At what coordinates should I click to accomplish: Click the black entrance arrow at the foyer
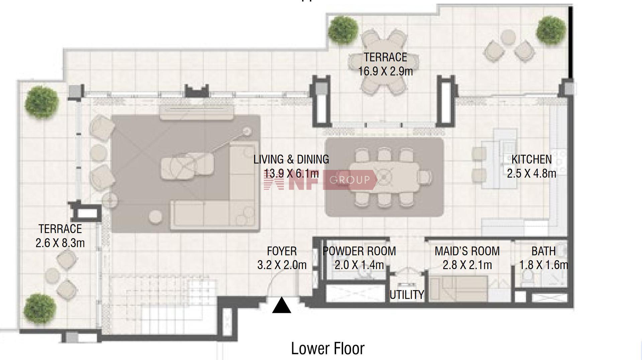[x=282, y=306]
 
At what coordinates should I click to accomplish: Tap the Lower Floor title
[x=328, y=348]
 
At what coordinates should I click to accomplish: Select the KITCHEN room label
[x=532, y=159]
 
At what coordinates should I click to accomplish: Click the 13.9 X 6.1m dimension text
[x=291, y=173]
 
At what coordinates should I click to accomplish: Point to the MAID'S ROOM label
[x=467, y=251]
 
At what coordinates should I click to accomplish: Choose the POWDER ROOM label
[x=359, y=251]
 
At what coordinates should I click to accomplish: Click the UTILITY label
[x=407, y=295]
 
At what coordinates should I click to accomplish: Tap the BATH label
[x=543, y=251]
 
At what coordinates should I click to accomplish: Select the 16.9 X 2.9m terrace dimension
[x=386, y=71]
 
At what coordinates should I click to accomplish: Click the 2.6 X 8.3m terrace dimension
[x=60, y=243]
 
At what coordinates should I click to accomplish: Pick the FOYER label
[x=282, y=251]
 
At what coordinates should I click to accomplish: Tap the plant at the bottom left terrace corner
[x=39, y=309]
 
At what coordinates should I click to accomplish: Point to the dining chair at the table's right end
[x=425, y=177]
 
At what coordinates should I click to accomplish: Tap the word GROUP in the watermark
[x=350, y=180]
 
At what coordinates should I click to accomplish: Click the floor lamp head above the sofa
[x=247, y=131]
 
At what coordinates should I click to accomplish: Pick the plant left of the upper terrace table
[x=343, y=30]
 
